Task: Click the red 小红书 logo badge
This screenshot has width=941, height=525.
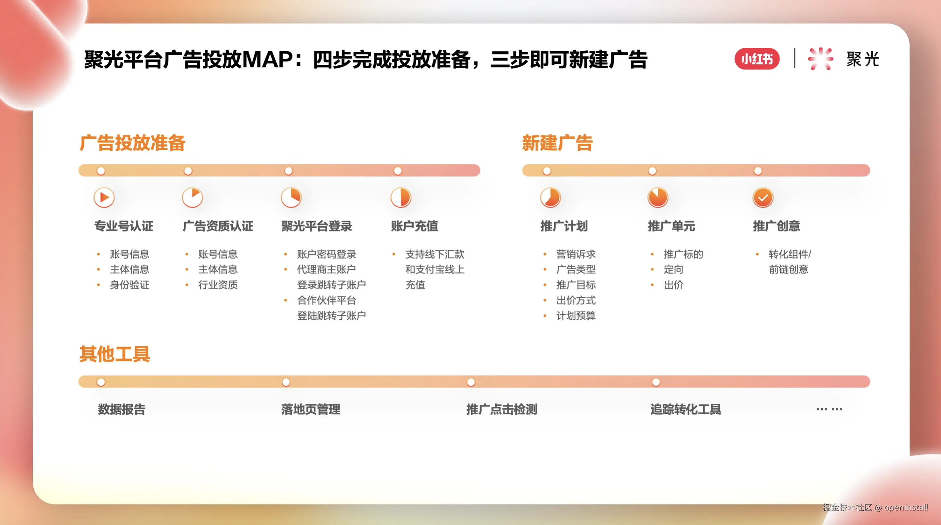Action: coord(757,59)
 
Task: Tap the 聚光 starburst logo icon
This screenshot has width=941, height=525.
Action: coord(820,59)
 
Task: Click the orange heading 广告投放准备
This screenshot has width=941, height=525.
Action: coord(133,143)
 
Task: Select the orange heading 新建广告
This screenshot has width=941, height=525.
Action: coord(557,143)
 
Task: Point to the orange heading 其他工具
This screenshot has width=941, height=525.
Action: coord(115,354)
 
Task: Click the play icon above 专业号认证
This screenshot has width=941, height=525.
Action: coord(104,198)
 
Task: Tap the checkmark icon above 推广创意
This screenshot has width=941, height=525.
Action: coord(763,198)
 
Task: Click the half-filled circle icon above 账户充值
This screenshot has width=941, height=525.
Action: coord(401,198)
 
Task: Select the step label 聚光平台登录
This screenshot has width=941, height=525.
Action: coord(317,226)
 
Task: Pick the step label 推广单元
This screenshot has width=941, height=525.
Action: coord(672,226)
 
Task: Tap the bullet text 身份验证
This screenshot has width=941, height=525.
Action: coord(130,285)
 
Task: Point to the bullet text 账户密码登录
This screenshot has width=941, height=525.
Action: coord(327,254)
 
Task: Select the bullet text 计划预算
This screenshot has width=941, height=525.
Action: coord(576,316)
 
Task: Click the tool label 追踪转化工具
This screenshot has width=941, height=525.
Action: coord(686,409)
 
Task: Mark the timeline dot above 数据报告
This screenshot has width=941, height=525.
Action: coord(101,382)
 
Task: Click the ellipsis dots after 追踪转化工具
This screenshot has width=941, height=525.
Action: coord(829,409)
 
